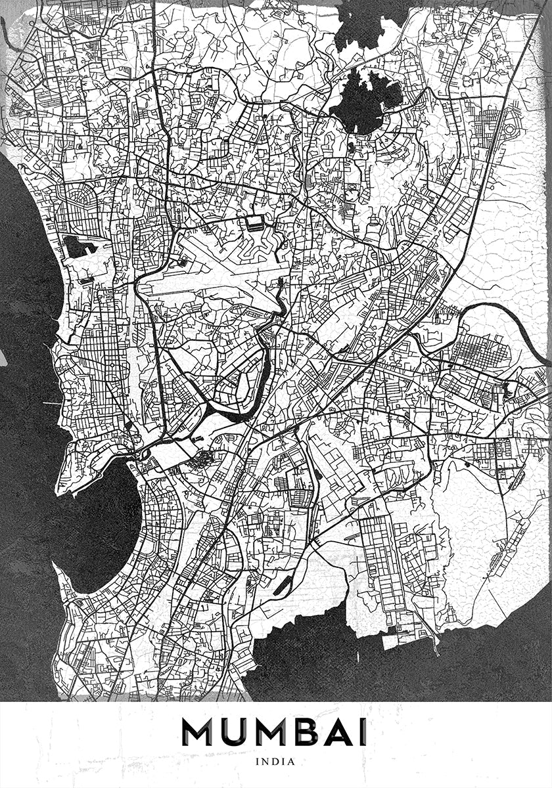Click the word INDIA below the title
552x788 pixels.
click(276, 762)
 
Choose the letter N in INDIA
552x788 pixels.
click(267, 762)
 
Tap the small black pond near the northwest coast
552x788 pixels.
click(76, 246)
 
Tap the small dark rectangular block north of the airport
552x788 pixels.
click(255, 223)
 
